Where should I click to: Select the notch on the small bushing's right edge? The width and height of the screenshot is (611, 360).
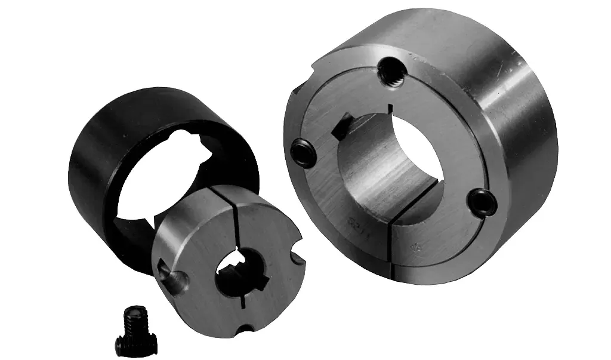pyautogui.click(x=296, y=258)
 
